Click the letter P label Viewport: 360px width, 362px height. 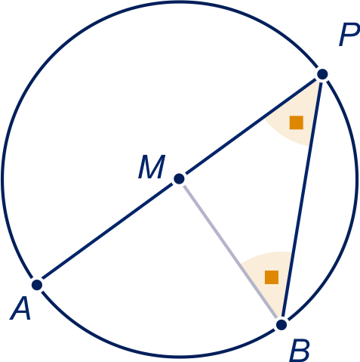[x=349, y=35]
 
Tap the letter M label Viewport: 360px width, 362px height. [x=152, y=167]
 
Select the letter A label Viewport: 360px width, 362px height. [x=20, y=308]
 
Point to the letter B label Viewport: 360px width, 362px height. [x=300, y=351]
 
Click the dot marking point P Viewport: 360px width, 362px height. [x=322, y=74]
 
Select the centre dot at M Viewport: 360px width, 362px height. [x=179, y=179]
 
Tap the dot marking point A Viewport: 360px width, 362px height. [x=37, y=285]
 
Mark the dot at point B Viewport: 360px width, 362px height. [x=282, y=325]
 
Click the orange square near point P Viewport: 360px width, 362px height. [x=297, y=122]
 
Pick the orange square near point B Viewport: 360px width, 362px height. [x=272, y=277]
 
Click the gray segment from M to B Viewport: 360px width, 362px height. [x=230, y=252]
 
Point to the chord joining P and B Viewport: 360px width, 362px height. [x=302, y=200]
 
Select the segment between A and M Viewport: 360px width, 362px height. [x=108, y=232]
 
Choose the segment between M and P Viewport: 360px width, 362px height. [x=251, y=126]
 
